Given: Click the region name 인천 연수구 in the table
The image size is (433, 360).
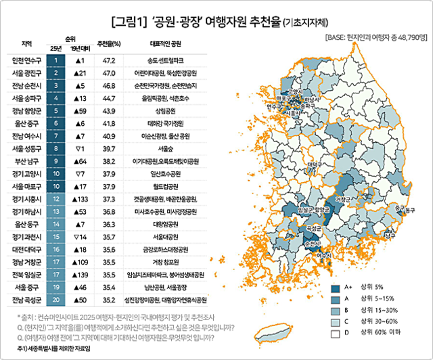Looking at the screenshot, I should click(x=27, y=60).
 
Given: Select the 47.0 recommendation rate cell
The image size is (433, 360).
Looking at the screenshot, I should click(x=108, y=73).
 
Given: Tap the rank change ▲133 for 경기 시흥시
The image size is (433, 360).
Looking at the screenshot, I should click(x=82, y=199).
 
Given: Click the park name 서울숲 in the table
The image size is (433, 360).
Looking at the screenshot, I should click(x=166, y=148).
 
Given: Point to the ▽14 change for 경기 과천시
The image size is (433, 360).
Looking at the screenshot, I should click(x=82, y=237).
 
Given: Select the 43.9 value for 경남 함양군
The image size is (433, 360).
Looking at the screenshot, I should click(x=108, y=110).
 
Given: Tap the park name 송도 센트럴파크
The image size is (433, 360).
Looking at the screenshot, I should click(x=166, y=60).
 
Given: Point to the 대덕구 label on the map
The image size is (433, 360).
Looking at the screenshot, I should click(x=313, y=164).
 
